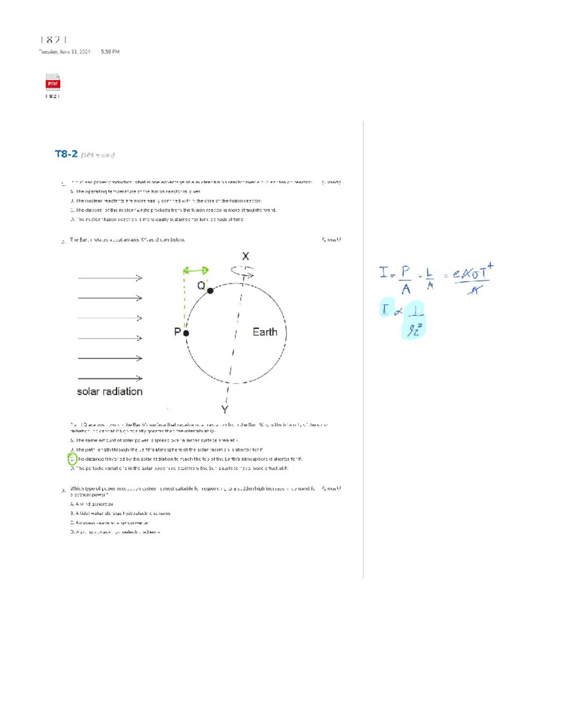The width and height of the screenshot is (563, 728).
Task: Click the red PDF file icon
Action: (x=53, y=82)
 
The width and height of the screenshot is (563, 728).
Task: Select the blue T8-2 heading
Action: (x=66, y=154)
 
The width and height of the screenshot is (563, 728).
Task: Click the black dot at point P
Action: (x=186, y=333)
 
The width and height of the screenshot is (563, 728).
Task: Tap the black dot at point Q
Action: (x=210, y=291)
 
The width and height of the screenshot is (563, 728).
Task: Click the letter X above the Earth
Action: (x=245, y=256)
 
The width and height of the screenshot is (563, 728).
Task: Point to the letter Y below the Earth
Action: (x=225, y=410)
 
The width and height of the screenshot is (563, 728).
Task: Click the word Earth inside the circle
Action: (x=265, y=332)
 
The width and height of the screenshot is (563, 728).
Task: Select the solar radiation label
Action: (x=109, y=391)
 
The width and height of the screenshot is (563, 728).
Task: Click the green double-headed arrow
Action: (x=196, y=270)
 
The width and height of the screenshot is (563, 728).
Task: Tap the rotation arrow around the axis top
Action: (x=242, y=272)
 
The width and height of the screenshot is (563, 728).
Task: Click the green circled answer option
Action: (x=72, y=459)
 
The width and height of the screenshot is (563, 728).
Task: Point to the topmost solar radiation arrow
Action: (x=110, y=278)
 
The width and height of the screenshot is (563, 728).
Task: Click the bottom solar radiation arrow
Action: (x=110, y=378)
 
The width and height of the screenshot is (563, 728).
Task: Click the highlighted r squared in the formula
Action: (x=414, y=330)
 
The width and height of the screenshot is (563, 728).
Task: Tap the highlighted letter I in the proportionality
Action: (x=386, y=309)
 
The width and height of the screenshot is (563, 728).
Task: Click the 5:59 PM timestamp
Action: (x=110, y=52)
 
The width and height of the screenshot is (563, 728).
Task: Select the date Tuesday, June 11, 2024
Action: (x=65, y=52)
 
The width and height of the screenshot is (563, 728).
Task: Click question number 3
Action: (x=63, y=491)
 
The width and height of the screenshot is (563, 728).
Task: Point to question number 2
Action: (x=63, y=242)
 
